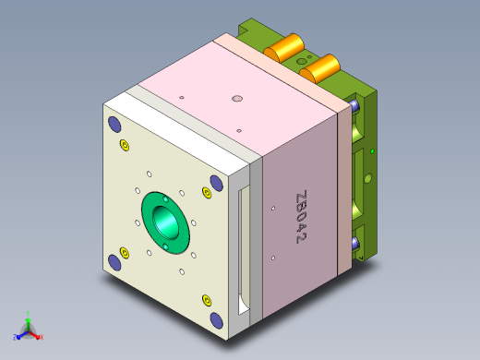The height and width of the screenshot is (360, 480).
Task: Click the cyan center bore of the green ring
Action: [165, 222]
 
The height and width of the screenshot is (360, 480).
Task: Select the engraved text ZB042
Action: [301, 217]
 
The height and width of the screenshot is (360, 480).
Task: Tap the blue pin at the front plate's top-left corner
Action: [114, 125]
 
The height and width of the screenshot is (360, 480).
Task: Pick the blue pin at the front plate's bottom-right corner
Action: [216, 320]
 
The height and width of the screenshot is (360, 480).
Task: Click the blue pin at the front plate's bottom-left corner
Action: [114, 263]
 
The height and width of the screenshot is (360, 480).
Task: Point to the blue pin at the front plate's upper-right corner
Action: [216, 183]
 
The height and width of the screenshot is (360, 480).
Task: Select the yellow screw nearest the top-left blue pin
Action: [125, 145]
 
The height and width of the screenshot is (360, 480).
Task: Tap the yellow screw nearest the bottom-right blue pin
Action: [207, 300]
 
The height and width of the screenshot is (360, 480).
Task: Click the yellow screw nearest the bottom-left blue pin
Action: [125, 253]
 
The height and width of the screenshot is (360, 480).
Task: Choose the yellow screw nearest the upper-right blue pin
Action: [207, 193]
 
